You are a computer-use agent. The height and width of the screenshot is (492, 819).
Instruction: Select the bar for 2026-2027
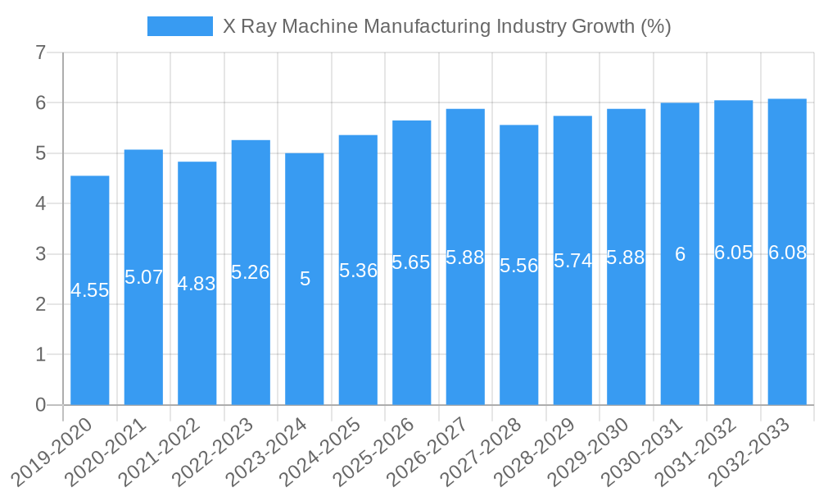[x=465, y=328]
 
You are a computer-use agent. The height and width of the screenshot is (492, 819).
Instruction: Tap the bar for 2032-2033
[x=787, y=328]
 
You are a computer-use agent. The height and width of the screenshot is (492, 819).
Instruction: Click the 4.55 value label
[x=90, y=290]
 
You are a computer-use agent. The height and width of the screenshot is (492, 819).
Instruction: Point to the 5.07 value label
[x=143, y=277]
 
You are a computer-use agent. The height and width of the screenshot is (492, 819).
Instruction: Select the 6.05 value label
[x=733, y=253]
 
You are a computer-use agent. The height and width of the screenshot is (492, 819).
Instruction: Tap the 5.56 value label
[x=518, y=266]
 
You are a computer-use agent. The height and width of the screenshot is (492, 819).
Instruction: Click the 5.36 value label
[x=358, y=271]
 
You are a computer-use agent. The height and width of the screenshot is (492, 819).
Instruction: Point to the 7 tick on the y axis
[x=41, y=53]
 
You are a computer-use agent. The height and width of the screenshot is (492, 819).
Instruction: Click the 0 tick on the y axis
[x=41, y=405]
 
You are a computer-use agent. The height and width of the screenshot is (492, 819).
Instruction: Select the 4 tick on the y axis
[x=41, y=203]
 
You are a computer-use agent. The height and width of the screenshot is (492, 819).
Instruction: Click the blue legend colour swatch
[x=179, y=26]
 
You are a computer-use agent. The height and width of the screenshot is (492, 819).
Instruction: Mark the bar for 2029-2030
[x=626, y=328]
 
